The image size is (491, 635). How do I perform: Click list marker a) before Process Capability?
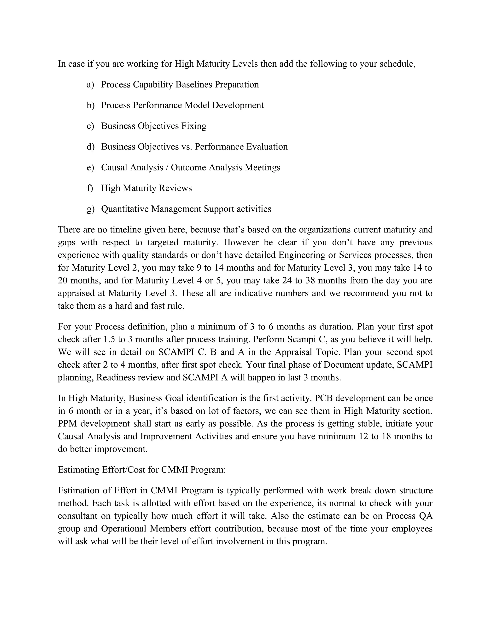pyautogui.click(x=90, y=85)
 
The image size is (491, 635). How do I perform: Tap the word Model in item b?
pyautogui.click(x=197, y=105)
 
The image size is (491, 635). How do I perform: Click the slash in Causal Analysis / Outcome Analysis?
pyautogui.click(x=167, y=167)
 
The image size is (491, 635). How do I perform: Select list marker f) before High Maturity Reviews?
pyautogui.click(x=90, y=188)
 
